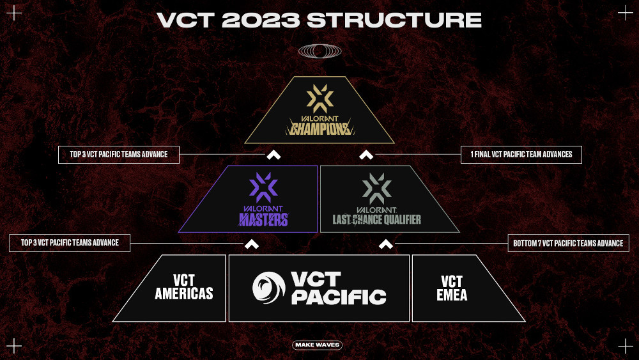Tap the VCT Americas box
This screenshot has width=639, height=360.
184,288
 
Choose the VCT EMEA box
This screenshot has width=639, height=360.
452,288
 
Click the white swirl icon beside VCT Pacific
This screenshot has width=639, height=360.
268,288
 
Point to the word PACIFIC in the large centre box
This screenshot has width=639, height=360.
339,297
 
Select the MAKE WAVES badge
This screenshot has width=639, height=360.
318,345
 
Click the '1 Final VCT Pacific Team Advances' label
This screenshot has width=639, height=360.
521,154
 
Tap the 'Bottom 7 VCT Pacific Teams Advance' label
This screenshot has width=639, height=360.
568,243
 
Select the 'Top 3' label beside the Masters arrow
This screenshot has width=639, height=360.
70,243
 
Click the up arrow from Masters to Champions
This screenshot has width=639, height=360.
273,155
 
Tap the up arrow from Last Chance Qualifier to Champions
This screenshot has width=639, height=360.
366,155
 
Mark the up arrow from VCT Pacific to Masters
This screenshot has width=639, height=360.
252,244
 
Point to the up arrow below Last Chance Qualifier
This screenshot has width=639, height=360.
385,244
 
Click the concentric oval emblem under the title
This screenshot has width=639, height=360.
319,51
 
